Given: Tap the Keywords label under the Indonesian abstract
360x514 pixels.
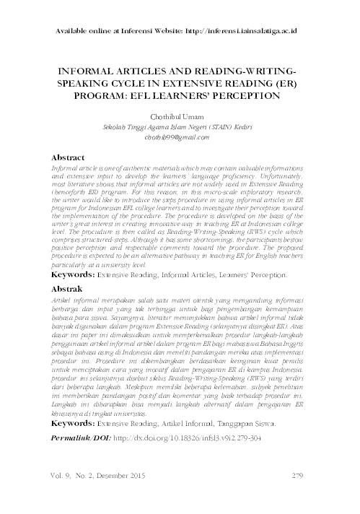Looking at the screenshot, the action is [75, 437].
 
